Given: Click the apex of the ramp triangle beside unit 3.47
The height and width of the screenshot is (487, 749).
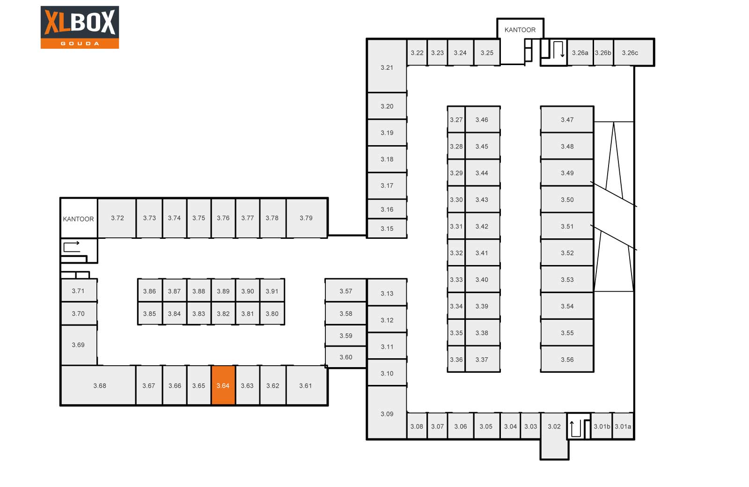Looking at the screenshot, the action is click(614, 122).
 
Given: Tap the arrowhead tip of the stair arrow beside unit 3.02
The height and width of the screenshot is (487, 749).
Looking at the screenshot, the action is click(572, 421).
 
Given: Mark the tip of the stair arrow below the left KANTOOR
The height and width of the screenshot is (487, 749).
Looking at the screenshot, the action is click(80, 243).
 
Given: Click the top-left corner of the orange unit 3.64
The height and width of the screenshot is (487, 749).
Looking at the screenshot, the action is click(212, 366).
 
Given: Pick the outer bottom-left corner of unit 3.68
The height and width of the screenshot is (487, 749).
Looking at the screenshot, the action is click(61, 405).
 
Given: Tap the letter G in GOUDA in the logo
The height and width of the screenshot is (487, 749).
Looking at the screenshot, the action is click(63, 44).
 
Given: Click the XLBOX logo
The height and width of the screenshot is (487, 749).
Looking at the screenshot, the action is click(80, 27).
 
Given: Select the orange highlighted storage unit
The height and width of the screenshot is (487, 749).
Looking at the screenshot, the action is click(223, 385).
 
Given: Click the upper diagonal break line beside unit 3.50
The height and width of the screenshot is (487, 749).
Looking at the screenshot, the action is click(614, 194).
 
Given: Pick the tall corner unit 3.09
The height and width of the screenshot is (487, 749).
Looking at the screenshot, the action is click(387, 413).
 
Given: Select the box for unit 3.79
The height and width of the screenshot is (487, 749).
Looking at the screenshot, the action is click(307, 218).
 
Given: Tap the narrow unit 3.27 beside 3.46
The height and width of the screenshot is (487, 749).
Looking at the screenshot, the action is click(456, 119).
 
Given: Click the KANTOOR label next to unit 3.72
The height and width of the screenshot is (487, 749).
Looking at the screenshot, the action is click(78, 219).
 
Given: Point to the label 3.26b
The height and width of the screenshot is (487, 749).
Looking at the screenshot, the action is click(603, 53).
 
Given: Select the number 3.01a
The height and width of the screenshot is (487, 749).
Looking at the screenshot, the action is click(623, 427).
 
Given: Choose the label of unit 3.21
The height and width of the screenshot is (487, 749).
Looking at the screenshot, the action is click(387, 67).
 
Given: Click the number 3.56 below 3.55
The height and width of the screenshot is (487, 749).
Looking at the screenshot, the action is click(567, 360).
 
